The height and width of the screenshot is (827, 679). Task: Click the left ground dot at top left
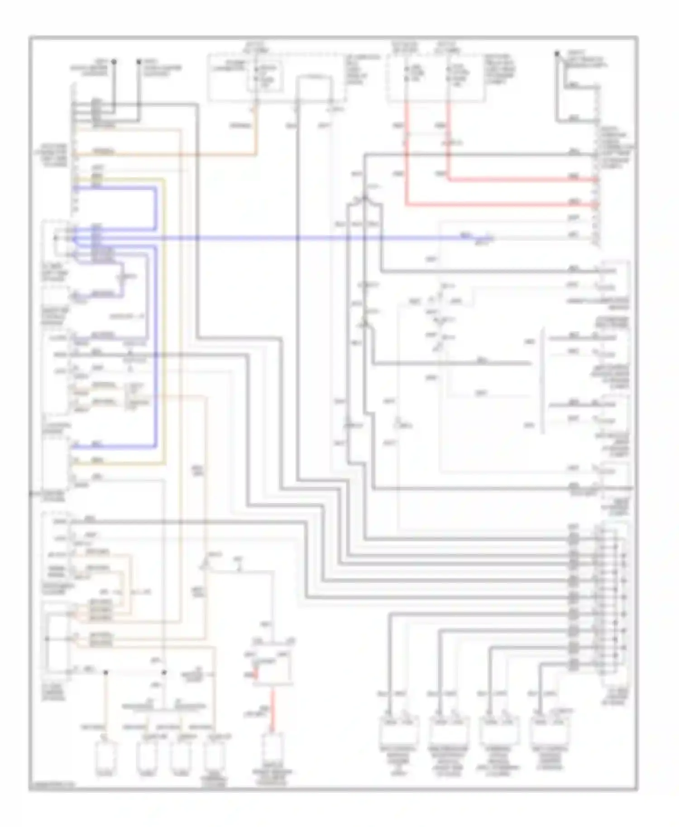(x=114, y=61)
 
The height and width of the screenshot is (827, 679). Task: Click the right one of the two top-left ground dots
(x=139, y=61)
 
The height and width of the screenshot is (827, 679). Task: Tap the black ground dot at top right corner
(x=557, y=54)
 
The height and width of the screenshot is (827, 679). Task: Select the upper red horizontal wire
(x=521, y=180)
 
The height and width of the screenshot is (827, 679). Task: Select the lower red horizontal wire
(x=498, y=205)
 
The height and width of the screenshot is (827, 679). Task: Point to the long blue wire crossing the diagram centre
(x=294, y=238)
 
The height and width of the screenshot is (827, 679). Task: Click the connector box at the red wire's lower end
(x=273, y=746)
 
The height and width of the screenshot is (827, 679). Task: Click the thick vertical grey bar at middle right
(x=543, y=380)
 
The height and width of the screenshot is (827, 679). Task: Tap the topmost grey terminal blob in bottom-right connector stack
(x=574, y=538)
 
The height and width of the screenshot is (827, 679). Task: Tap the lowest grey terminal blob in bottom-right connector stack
(x=574, y=664)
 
